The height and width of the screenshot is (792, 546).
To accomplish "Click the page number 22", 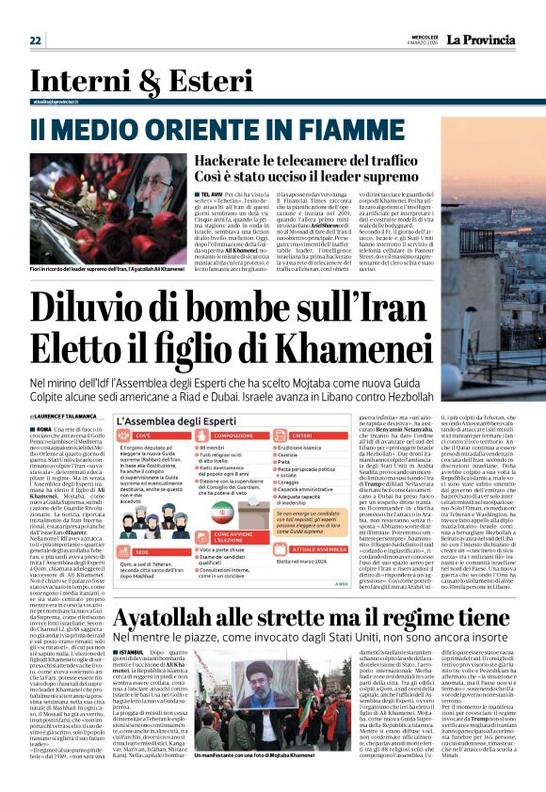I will [x=36, y=40].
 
